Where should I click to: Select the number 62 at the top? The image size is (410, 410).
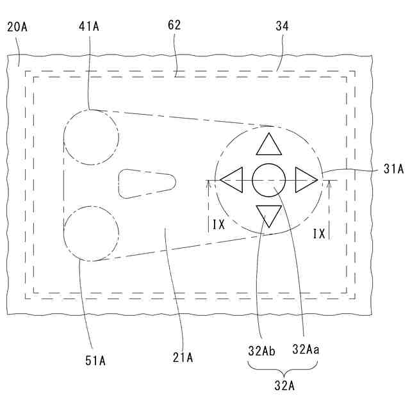coord(174,26)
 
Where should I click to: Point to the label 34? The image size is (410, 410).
coord(282,26)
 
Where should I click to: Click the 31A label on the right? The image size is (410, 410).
coord(393,169)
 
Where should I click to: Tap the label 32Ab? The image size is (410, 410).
coord(263,350)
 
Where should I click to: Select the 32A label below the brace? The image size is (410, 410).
coord(283,387)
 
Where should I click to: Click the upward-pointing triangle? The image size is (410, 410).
coord(268,146)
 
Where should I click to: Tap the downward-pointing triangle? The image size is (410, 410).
coord(268,214)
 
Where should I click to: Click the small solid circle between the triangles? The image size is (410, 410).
coord(268,180)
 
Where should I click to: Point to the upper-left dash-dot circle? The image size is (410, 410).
coord(91,137)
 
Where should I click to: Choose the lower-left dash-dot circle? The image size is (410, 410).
coord(92,233)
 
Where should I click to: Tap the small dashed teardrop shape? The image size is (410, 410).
coord(145,183)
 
